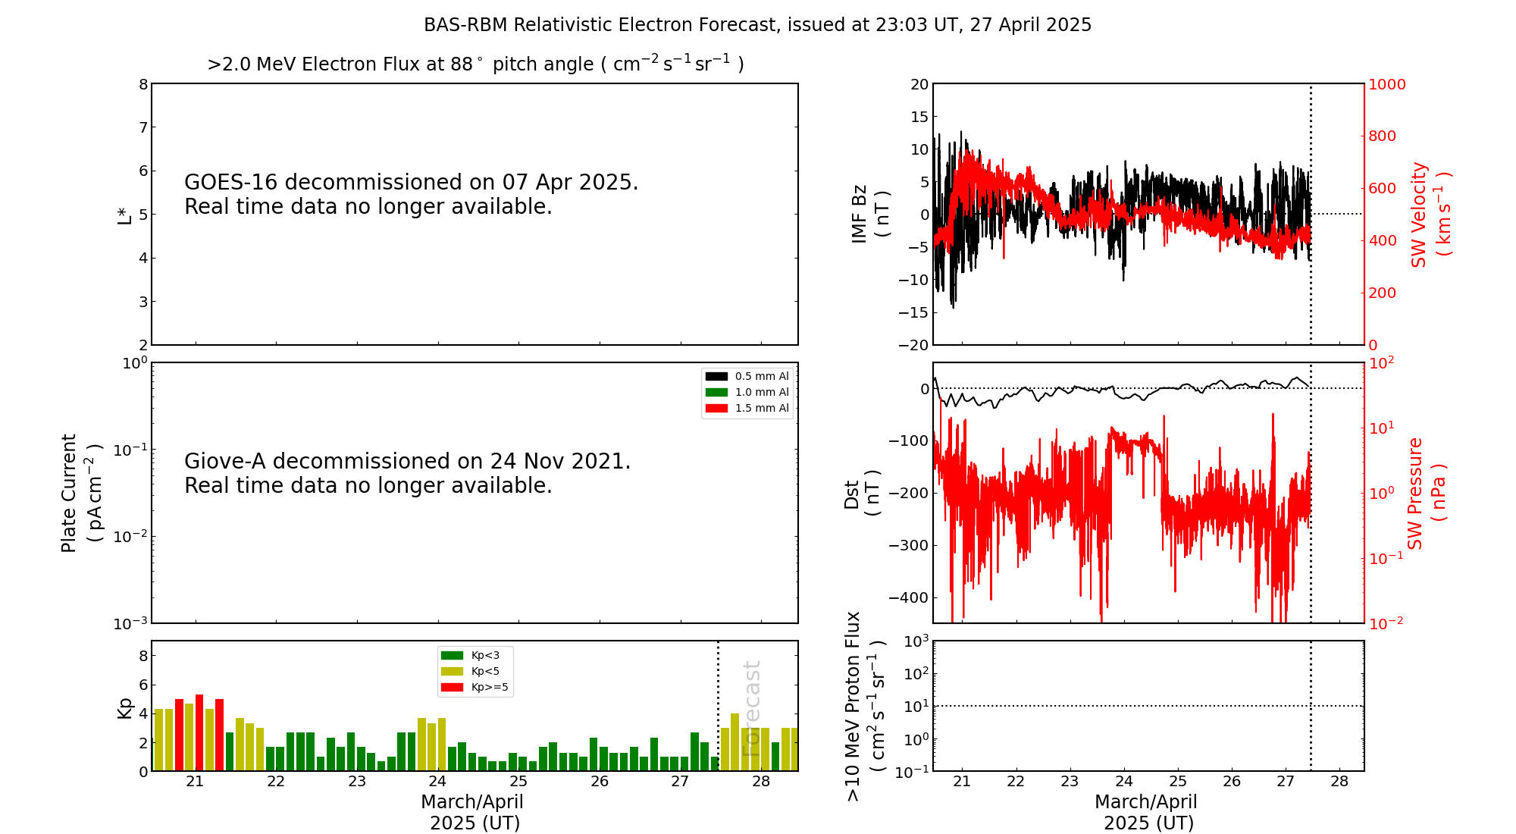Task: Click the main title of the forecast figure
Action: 757,25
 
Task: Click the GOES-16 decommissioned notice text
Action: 411,194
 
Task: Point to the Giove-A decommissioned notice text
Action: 407,473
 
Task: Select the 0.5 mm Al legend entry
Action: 747,376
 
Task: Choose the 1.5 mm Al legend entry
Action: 747,408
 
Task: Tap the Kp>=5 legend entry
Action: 475,688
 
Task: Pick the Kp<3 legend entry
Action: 471,655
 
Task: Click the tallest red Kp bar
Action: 199,732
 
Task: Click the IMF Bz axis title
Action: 870,214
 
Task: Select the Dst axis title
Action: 863,494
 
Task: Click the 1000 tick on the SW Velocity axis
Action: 1386,84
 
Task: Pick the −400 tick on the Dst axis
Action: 909,597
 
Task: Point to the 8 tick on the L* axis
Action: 143,84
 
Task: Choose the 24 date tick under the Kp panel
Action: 437,782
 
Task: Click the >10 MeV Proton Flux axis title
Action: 865,706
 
